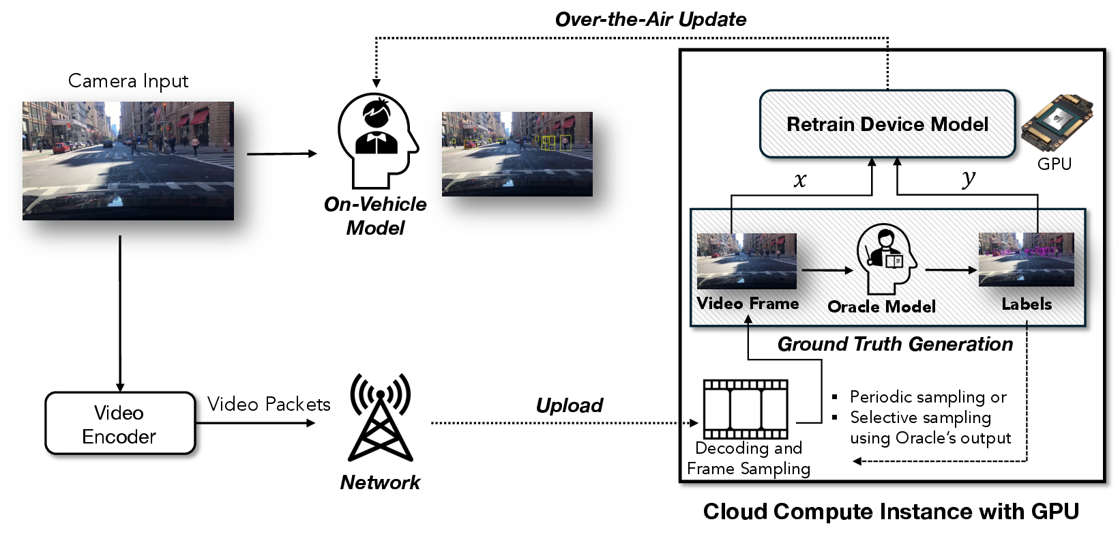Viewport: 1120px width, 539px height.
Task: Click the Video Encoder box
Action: tap(120, 424)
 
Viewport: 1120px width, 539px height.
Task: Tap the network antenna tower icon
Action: tap(380, 418)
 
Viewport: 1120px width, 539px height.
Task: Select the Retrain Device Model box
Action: tap(887, 124)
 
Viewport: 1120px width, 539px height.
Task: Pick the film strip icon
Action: tap(745, 409)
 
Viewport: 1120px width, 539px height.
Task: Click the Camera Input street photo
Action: tap(128, 161)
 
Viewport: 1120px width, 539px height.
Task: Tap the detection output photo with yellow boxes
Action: tap(517, 154)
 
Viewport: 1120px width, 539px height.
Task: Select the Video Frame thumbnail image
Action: tap(746, 261)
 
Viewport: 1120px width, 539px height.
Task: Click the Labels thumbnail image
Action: tap(1026, 259)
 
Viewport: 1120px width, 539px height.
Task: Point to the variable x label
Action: tap(800, 180)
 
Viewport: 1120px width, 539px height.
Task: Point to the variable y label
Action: tap(969, 179)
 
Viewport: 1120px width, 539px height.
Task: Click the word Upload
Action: tap(569, 405)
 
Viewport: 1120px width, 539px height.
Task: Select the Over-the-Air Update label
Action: tap(650, 19)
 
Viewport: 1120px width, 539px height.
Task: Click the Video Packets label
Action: tap(269, 404)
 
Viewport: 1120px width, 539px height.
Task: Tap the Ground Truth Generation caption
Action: tap(895, 344)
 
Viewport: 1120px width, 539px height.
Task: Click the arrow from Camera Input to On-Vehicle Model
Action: tap(281, 154)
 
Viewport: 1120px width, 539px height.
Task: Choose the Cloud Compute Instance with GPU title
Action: tap(890, 511)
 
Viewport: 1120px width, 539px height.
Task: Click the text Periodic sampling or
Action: tap(928, 397)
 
